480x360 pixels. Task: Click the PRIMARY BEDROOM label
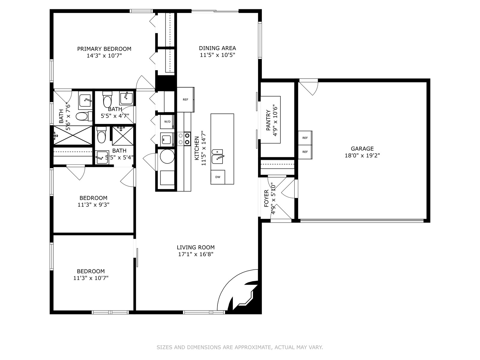tap(104, 49)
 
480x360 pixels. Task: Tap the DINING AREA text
tap(217, 48)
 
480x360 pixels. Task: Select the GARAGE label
tap(362, 148)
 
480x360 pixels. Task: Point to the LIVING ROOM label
tap(196, 247)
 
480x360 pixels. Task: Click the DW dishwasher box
tap(218, 177)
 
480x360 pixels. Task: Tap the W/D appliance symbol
tap(167, 122)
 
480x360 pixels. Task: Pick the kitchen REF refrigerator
tap(185, 100)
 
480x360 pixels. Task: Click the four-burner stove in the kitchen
tap(184, 139)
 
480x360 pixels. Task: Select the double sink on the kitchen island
tap(217, 157)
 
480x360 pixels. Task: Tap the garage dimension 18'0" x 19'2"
tap(362, 156)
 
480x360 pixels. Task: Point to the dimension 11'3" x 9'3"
tap(93, 205)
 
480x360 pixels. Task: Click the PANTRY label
tap(268, 120)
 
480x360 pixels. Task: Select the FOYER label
tap(266, 199)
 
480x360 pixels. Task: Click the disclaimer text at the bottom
tap(240, 347)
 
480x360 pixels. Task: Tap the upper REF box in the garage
tap(305, 138)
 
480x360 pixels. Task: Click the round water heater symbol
tap(167, 157)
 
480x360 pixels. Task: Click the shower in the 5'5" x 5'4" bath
tap(123, 136)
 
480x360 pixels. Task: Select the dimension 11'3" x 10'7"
tap(91, 278)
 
